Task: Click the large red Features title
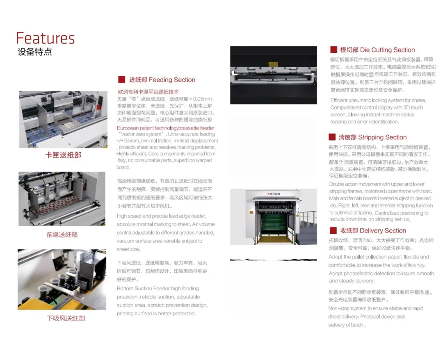(x=46, y=39)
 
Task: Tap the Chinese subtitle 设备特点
(x=35, y=52)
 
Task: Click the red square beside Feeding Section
(x=122, y=80)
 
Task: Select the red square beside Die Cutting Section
(x=333, y=50)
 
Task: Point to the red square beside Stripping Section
(x=332, y=137)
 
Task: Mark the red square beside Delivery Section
(x=333, y=230)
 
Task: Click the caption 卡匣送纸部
(x=63, y=155)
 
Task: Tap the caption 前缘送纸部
(x=62, y=235)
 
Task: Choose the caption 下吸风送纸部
(x=66, y=319)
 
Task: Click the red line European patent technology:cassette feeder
(x=166, y=128)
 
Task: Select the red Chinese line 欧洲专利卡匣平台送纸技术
(x=148, y=92)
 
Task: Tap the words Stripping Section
(x=383, y=137)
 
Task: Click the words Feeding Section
(x=172, y=80)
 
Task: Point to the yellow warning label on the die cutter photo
(x=273, y=64)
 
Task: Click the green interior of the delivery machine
(x=274, y=223)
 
